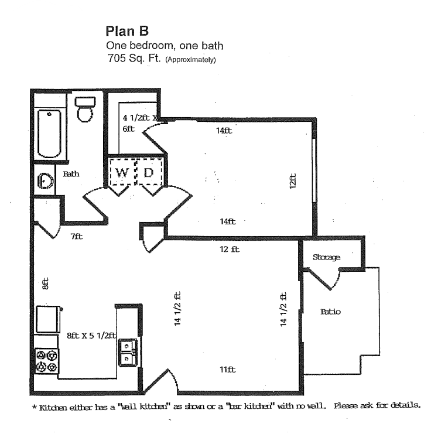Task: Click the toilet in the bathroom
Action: [85, 108]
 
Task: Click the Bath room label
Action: [71, 174]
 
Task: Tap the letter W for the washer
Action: [122, 172]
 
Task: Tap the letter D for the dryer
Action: [149, 172]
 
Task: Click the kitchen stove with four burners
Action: [47, 361]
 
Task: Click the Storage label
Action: [326, 257]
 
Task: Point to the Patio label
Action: [330, 312]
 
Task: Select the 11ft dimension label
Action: [227, 370]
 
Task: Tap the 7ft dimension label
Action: [77, 237]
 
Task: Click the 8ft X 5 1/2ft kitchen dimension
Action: [91, 336]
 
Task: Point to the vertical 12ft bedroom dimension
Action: [293, 179]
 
